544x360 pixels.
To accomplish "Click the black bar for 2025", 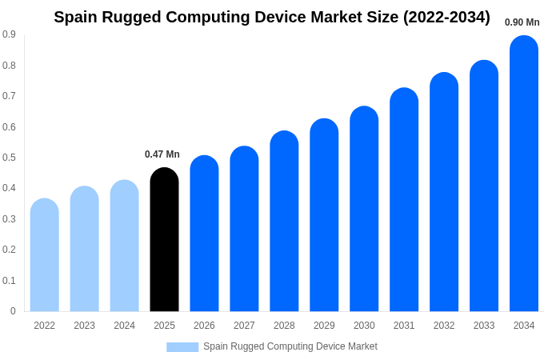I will pyautogui.click(x=164, y=240).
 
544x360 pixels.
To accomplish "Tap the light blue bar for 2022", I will pyautogui.click(x=45, y=255).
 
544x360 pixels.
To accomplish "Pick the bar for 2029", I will pyautogui.click(x=324, y=215).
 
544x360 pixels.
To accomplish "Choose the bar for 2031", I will pyautogui.click(x=404, y=200).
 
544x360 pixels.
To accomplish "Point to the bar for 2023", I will pyautogui.click(x=85, y=249).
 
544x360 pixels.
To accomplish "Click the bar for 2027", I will pyautogui.click(x=244, y=229).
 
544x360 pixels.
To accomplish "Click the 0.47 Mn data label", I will pyautogui.click(x=162, y=154).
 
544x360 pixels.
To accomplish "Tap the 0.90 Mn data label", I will pyautogui.click(x=522, y=22).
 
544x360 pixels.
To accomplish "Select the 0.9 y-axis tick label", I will pyautogui.click(x=9, y=34).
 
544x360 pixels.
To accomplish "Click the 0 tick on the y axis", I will pyautogui.click(x=13, y=311).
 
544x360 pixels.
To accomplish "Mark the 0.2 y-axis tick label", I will pyautogui.click(x=9, y=250).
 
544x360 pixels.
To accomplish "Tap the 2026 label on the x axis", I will pyautogui.click(x=204, y=326).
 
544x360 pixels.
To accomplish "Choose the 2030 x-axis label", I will pyautogui.click(x=364, y=326).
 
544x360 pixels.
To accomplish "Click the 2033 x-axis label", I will pyautogui.click(x=484, y=326).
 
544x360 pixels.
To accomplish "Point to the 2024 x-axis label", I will pyautogui.click(x=124, y=326).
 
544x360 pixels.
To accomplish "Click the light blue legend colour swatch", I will pyautogui.click(x=182, y=347).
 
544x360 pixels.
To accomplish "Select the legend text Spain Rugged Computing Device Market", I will pyautogui.click(x=290, y=346).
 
